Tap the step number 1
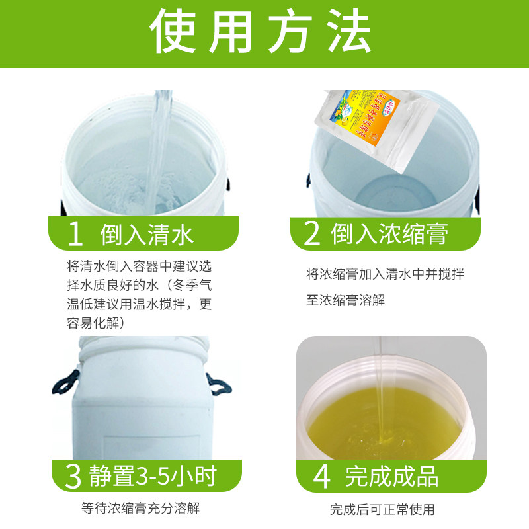click(x=76, y=234)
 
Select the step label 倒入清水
click(x=147, y=234)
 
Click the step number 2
click(x=311, y=234)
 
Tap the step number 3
click(x=74, y=475)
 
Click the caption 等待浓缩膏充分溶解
click(x=140, y=509)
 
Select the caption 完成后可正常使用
click(x=382, y=510)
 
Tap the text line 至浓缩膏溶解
click(x=346, y=300)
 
